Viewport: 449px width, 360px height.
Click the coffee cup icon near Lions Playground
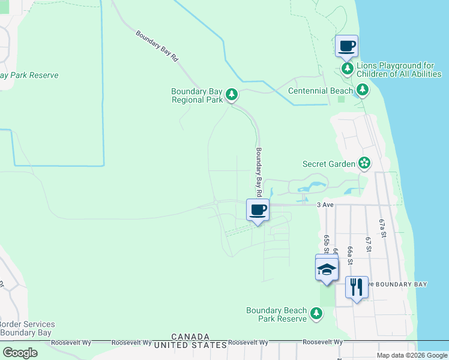pyautogui.click(x=346, y=46)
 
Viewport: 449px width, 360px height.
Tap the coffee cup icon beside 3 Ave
pyautogui.click(x=258, y=210)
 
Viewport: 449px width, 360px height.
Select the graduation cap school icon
pyautogui.click(x=327, y=269)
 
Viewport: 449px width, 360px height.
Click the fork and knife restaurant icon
pyautogui.click(x=357, y=287)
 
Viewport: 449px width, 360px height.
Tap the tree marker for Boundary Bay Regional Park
pyautogui.click(x=232, y=94)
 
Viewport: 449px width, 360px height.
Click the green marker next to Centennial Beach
pyautogui.click(x=362, y=90)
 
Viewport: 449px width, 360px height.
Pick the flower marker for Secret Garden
pyautogui.click(x=364, y=163)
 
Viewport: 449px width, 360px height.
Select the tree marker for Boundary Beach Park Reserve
pyautogui.click(x=316, y=313)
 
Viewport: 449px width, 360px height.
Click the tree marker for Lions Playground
pyautogui.click(x=348, y=69)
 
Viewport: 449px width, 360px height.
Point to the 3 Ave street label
pyautogui.click(x=325, y=205)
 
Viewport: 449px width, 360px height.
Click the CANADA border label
pyautogui.click(x=190, y=337)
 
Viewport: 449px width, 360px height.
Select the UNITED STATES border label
pyautogui.click(x=190, y=345)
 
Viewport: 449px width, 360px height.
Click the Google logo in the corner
pyautogui.click(x=20, y=353)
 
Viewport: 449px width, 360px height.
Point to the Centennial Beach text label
pyautogui.click(x=321, y=91)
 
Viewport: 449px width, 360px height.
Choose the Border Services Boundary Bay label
pyautogui.click(x=27, y=328)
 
